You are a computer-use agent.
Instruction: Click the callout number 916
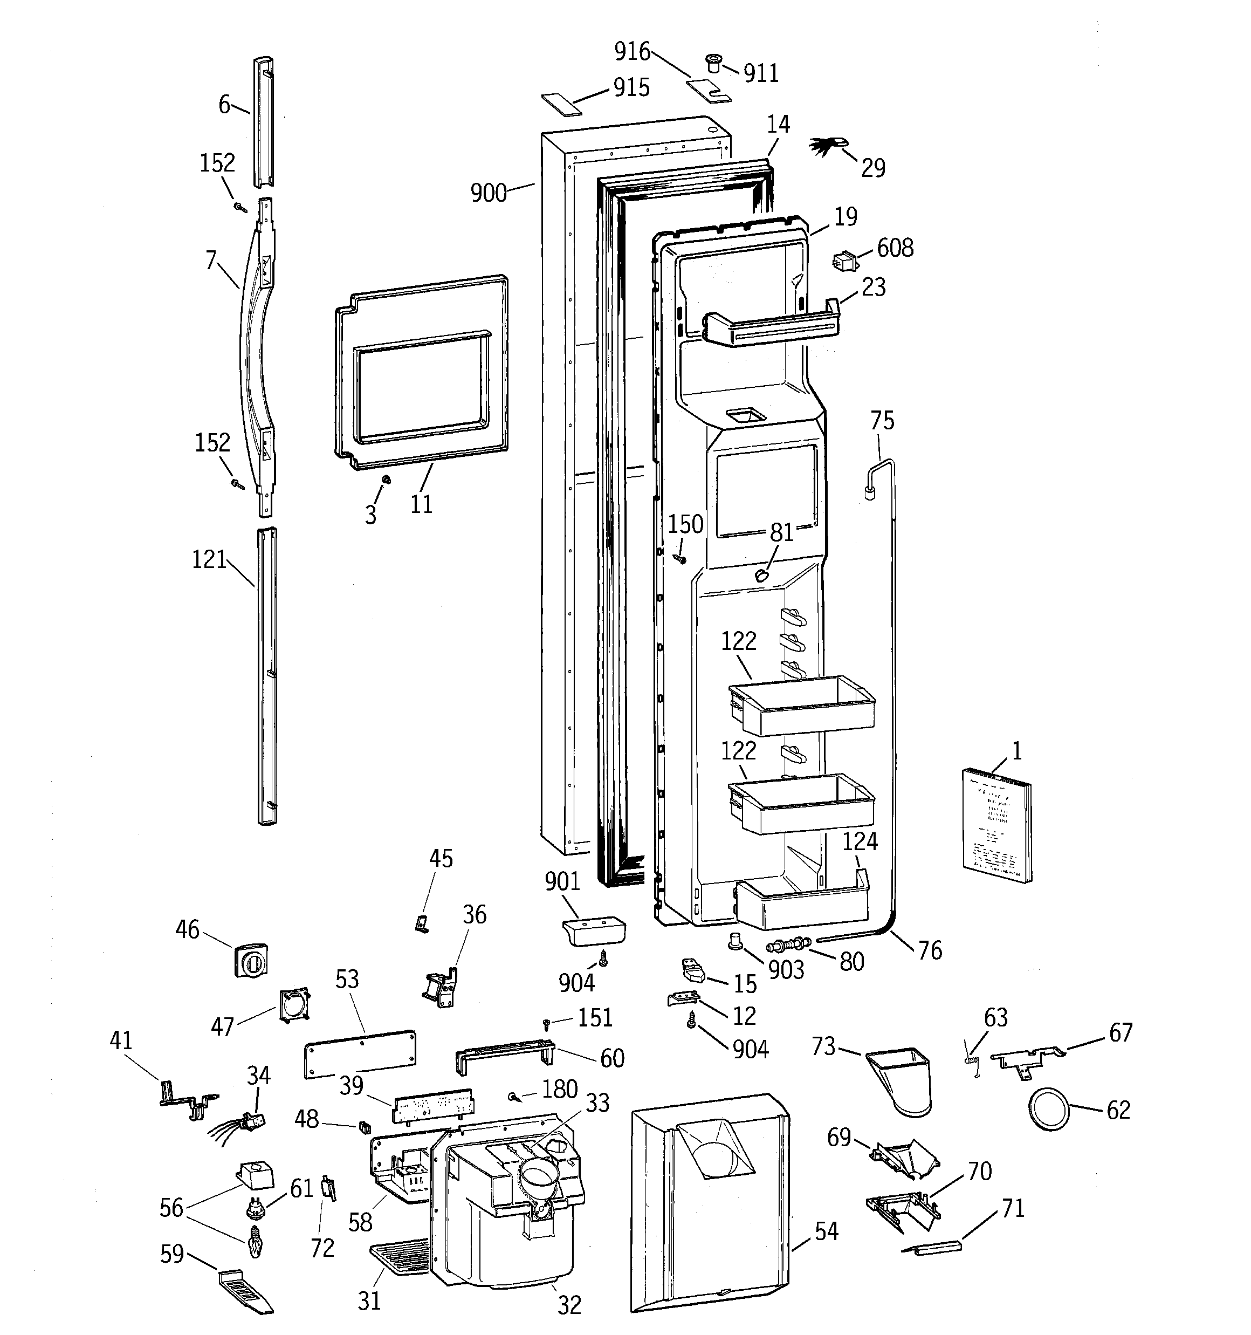632,52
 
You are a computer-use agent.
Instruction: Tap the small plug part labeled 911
712,65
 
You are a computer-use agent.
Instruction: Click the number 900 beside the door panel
488,194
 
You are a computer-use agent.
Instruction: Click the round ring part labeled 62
1048,1111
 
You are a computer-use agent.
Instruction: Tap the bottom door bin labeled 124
802,902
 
